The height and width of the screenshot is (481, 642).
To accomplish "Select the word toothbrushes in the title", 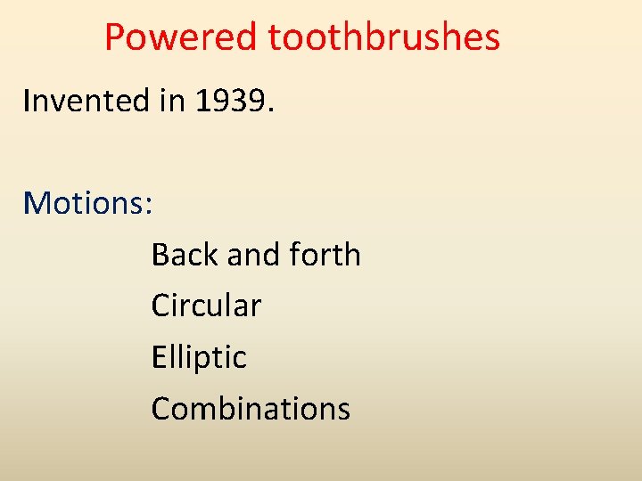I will point(384,37).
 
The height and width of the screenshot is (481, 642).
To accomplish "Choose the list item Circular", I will point(206,306).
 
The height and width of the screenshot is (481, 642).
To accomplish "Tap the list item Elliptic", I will point(199,357).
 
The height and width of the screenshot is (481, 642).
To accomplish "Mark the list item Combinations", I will point(251,408).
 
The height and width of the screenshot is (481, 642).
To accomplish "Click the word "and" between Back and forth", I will point(253,255).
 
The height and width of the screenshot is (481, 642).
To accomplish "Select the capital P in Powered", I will point(115,37).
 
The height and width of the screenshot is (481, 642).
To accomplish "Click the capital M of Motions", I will point(37,203).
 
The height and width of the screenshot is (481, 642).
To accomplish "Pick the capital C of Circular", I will point(161,306).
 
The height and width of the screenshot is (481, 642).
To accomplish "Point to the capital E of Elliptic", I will point(159,357).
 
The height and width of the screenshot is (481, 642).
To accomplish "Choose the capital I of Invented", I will point(27,101).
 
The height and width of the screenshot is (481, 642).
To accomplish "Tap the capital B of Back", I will point(160,255).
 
